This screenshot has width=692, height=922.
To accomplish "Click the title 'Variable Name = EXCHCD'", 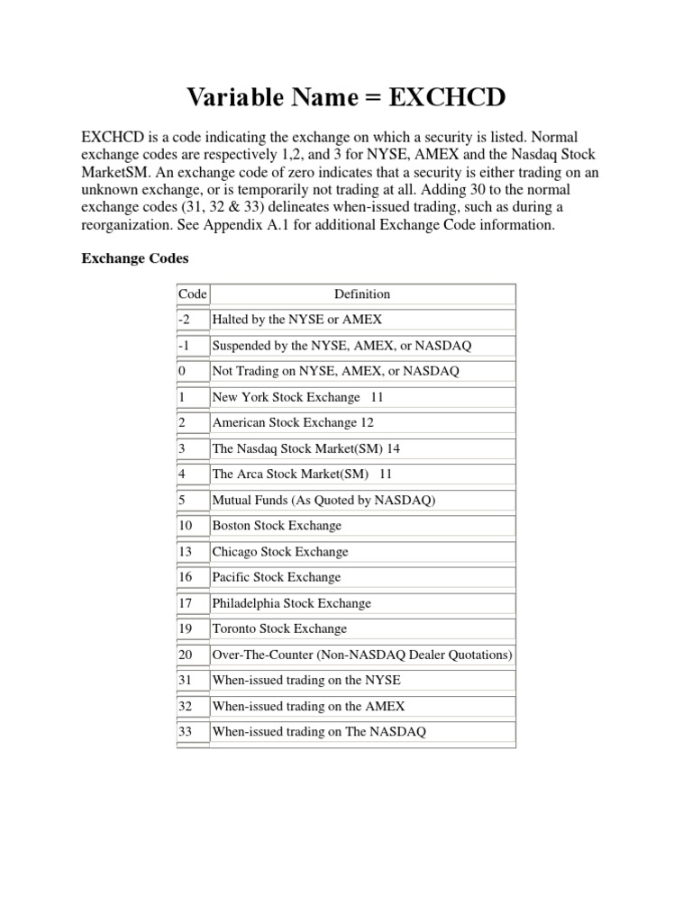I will click(345, 97).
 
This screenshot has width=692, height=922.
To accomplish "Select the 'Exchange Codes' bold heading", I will click(134, 258).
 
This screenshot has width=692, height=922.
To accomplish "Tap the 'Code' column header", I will click(192, 294).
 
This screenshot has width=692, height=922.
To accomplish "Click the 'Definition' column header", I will click(362, 294).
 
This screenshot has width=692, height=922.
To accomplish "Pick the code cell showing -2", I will click(185, 320).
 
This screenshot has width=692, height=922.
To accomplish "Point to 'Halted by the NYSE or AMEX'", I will click(296, 320).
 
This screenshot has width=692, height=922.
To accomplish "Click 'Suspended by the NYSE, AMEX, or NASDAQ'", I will click(341, 345).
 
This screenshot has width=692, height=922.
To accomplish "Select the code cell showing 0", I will click(182, 371).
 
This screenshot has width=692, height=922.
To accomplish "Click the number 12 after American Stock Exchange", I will click(367, 422).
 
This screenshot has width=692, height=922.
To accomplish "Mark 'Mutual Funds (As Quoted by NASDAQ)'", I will click(323, 500).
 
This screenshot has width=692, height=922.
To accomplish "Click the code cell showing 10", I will click(187, 526).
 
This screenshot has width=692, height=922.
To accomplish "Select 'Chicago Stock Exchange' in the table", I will click(279, 551).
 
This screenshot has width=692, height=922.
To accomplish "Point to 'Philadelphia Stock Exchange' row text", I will click(291, 603).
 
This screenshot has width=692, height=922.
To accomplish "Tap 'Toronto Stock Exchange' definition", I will click(278, 628).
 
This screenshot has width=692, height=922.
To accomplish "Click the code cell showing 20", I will click(187, 655).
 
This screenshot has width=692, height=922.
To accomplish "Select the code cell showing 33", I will click(187, 732).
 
